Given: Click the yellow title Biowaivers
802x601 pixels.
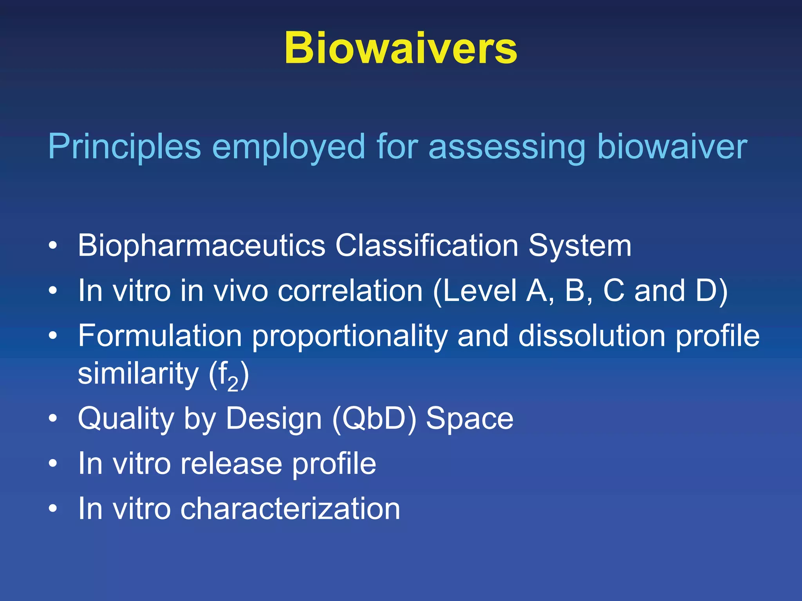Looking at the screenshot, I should [401, 48].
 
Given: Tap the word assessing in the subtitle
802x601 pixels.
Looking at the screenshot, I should [507, 147].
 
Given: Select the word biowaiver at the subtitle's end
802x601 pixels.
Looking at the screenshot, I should [672, 147].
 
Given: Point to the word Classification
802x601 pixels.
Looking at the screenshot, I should [426, 246].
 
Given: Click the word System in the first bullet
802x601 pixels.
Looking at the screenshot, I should [580, 246].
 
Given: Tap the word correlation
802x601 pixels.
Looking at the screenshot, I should [350, 291].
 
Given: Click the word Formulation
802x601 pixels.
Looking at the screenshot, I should [160, 336].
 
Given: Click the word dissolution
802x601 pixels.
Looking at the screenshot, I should [592, 336].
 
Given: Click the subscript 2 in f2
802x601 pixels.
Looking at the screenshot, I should [233, 384].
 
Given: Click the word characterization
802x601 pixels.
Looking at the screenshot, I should [290, 509].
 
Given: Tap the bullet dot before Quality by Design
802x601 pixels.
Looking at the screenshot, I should [53, 419].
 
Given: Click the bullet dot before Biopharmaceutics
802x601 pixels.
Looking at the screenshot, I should [53, 246].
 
